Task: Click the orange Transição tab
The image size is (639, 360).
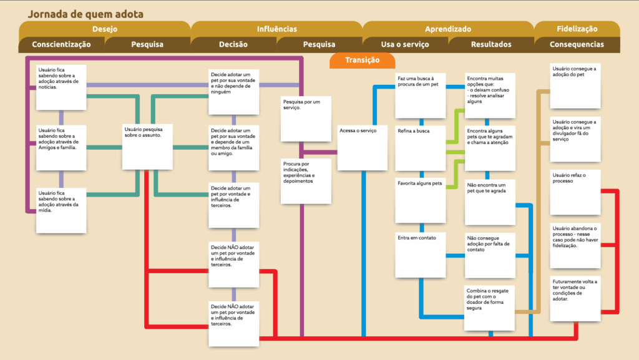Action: click(363, 61)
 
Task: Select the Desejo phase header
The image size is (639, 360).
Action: click(105, 29)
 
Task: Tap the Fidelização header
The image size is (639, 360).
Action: click(577, 29)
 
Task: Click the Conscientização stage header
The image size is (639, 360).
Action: click(62, 44)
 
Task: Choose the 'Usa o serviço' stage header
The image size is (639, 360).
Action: click(405, 44)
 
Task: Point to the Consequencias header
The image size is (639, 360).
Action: click(577, 44)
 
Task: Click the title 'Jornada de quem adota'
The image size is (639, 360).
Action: click(85, 14)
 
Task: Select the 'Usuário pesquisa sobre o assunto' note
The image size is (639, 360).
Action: click(147, 147)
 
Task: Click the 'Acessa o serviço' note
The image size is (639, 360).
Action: click(363, 148)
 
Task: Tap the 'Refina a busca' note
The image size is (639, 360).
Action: click(421, 148)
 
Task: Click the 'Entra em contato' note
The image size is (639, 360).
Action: click(421, 255)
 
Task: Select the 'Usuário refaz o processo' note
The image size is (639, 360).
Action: click(575, 192)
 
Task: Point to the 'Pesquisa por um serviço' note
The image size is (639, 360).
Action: click(306, 119)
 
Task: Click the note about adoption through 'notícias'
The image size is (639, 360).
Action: click(61, 87)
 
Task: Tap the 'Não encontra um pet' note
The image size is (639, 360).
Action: click(490, 202)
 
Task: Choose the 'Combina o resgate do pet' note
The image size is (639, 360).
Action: click(489, 308)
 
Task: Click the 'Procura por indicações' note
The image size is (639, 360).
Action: click(306, 181)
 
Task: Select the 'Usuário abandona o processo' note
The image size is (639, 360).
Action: click(575, 246)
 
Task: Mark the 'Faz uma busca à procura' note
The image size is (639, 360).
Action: click(421, 95)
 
